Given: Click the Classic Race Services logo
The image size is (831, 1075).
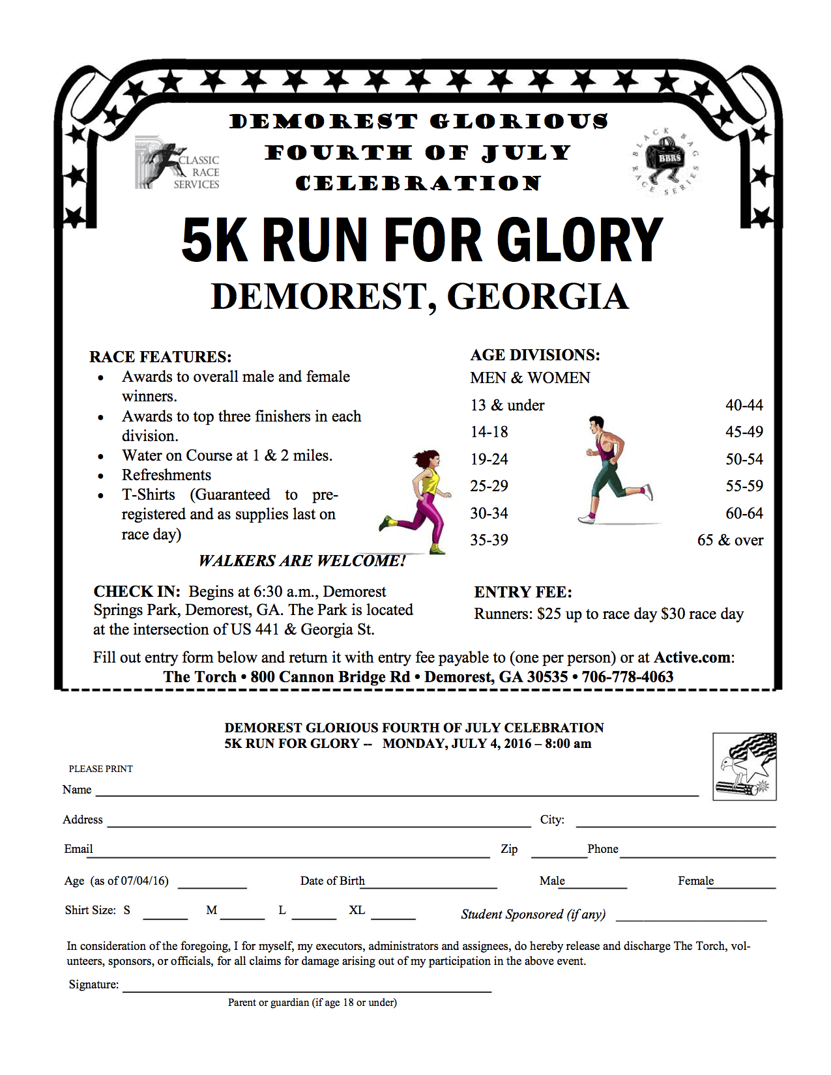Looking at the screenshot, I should [177, 164].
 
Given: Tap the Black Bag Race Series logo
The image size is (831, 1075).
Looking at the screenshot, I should [665, 161].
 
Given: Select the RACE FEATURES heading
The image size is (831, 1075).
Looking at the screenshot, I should [160, 357].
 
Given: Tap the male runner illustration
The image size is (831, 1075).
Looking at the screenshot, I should [613, 469].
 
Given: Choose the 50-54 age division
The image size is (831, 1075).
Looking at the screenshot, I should [744, 459].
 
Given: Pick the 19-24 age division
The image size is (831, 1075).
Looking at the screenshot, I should [489, 459].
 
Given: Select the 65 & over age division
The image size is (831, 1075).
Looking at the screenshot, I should [730, 540].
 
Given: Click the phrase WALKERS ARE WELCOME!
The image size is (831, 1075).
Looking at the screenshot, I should [302, 561].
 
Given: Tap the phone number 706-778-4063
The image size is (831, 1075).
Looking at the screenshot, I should [628, 677].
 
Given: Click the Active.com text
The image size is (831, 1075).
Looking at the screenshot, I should [693, 657].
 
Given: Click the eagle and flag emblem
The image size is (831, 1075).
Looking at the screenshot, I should [745, 766].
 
